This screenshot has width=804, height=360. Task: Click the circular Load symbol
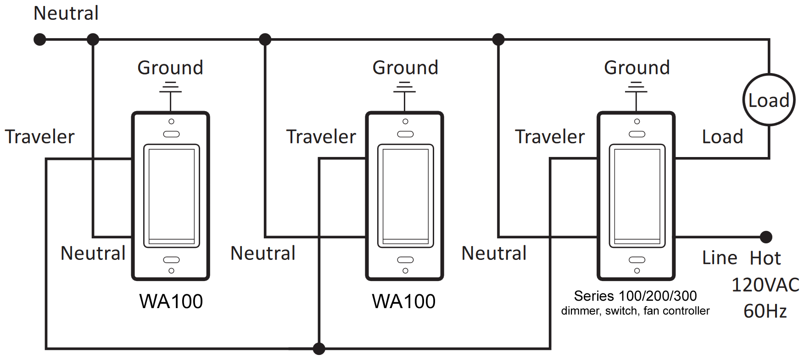click(769, 100)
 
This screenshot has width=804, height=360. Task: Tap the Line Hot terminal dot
click(766, 237)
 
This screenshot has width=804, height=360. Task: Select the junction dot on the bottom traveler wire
click(319, 349)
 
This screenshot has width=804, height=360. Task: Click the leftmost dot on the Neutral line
click(40, 39)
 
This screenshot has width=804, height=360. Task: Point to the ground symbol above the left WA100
click(171, 87)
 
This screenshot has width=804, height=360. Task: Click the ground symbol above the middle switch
click(404, 87)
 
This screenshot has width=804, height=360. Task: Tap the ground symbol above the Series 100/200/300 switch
click(636, 87)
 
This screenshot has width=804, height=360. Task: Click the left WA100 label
click(171, 301)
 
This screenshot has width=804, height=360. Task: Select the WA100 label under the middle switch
click(403, 301)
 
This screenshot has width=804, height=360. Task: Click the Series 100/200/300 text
click(635, 296)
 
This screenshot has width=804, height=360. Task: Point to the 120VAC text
click(765, 285)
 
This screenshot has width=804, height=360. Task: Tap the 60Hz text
click(765, 311)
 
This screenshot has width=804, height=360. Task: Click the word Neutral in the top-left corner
click(66, 13)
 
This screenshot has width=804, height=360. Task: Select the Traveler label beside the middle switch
click(321, 137)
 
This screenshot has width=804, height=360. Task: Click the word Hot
click(765, 258)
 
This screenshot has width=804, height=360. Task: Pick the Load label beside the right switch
click(722, 137)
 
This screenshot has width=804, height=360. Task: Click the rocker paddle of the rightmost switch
click(637, 196)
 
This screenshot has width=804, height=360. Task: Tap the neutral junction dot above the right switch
click(498, 39)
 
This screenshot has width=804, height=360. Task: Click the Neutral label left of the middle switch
click(263, 253)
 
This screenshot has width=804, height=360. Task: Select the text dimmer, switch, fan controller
click(635, 311)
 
